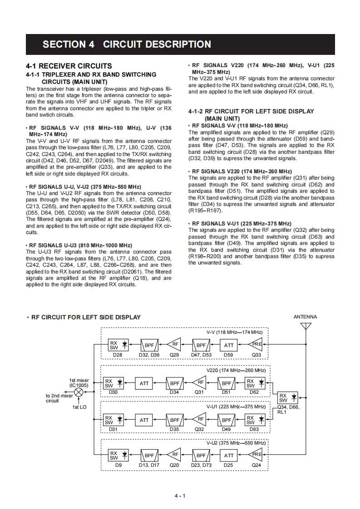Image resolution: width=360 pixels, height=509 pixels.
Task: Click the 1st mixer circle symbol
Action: point(79,392)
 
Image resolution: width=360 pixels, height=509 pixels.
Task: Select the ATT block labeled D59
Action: point(229,345)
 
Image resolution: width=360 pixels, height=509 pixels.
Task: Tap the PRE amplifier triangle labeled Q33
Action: point(256,345)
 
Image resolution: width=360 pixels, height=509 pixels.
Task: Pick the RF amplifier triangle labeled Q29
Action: point(174,345)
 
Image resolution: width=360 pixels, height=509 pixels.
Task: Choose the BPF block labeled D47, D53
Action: point(201,345)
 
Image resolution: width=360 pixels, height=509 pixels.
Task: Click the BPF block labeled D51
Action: point(226,383)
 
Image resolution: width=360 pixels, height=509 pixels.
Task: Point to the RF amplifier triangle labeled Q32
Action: point(199,420)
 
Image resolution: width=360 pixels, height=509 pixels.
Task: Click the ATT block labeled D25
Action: point(229,455)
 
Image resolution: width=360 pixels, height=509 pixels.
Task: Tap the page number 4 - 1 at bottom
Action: point(180,496)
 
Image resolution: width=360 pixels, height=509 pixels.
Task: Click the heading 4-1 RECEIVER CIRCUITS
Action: point(69,66)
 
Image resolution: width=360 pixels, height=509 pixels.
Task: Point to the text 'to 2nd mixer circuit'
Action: point(59,398)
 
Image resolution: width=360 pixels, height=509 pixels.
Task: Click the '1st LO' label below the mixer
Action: point(79,407)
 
